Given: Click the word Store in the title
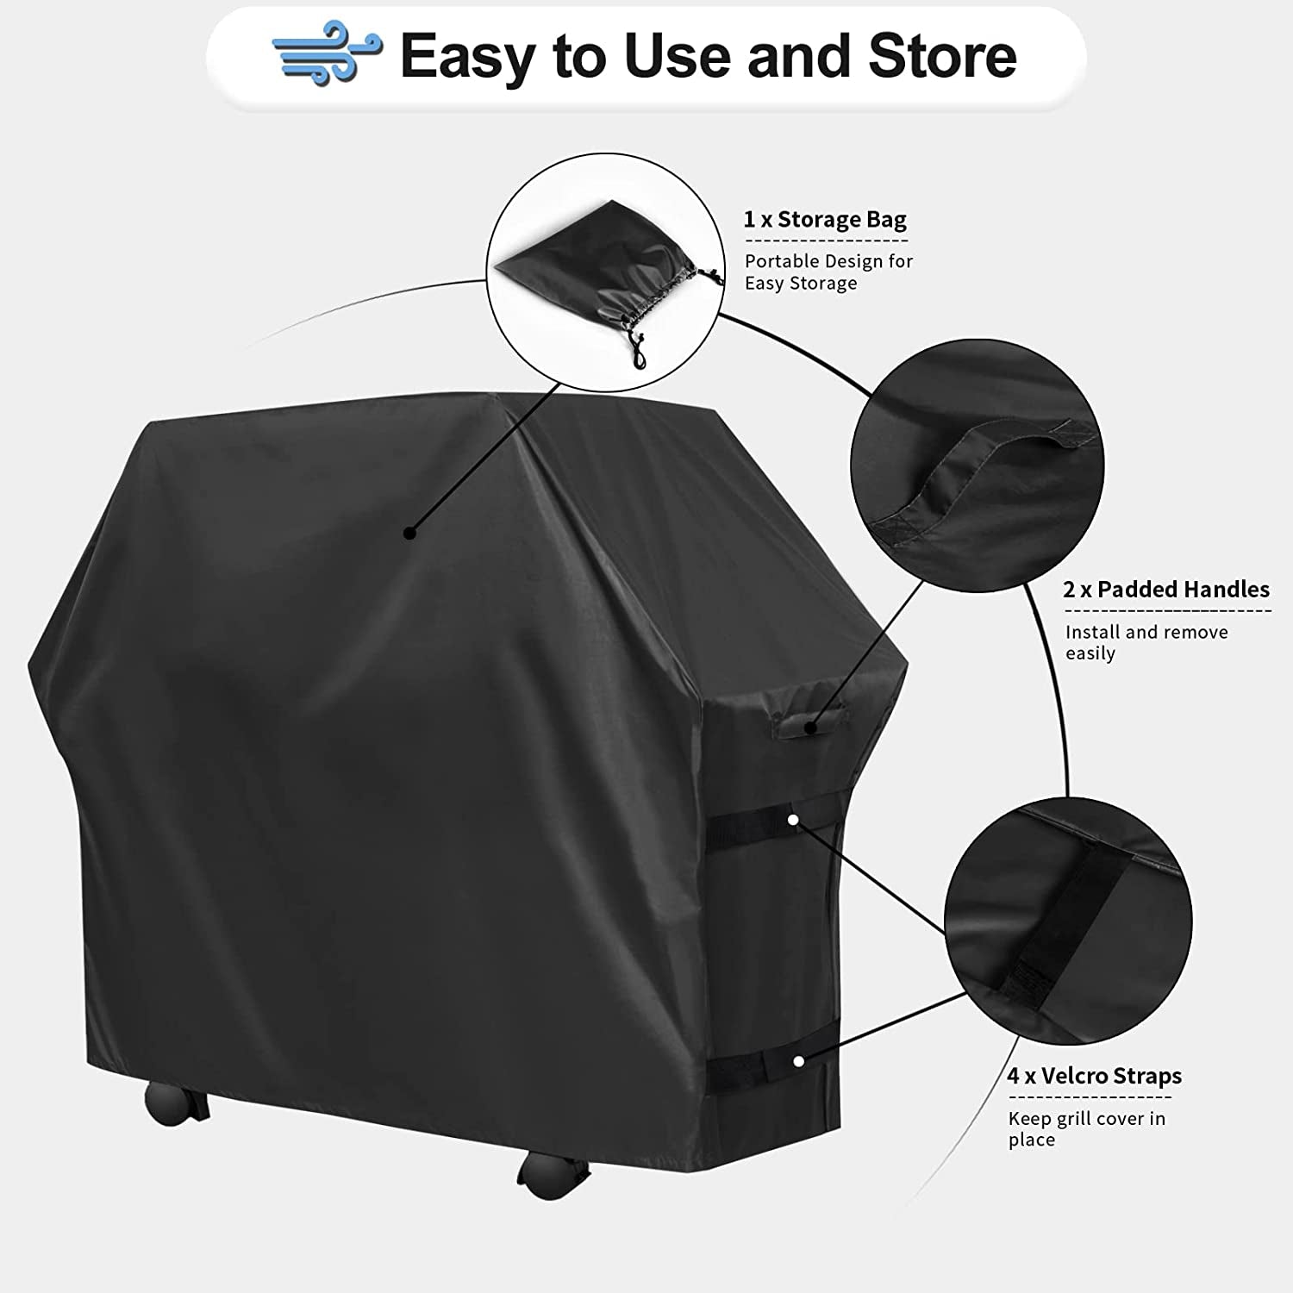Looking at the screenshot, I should click(x=942, y=56).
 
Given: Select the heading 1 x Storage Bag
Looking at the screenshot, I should click(x=825, y=220).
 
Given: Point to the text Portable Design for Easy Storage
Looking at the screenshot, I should click(x=828, y=272).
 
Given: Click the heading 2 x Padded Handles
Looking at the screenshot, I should click(x=1165, y=590).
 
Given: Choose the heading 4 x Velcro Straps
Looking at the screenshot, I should click(x=1094, y=1076).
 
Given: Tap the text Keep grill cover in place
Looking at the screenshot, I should click(x=1086, y=1129).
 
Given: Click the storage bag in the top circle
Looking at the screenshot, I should click(x=586, y=267).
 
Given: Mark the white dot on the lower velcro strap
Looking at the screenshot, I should click(x=799, y=1061).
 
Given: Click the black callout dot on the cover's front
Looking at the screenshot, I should click(x=410, y=534).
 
